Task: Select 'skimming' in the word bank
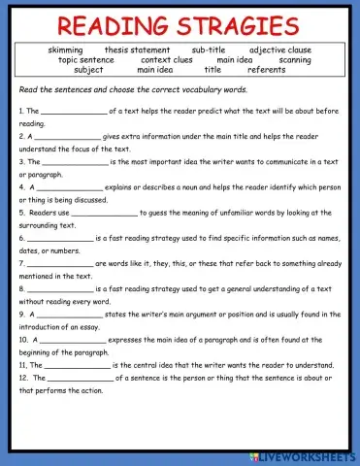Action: [65, 50]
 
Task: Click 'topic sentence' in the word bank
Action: [85, 59]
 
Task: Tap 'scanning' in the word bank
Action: [294, 59]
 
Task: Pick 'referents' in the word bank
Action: [266, 70]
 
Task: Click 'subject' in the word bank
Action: [88, 70]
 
